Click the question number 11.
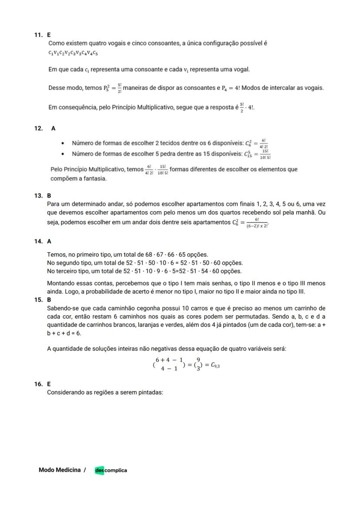click(38, 35)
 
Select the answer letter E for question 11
click(49, 35)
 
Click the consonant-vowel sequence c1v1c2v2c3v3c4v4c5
click(73, 53)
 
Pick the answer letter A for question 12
click(53, 128)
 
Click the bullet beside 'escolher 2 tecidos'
click(63, 143)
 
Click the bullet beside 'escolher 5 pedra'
click(63, 154)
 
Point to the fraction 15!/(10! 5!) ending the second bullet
click(265, 154)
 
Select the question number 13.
click(38, 196)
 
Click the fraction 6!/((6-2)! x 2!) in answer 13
click(257, 223)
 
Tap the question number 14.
click(38, 241)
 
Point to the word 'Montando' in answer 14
click(61, 283)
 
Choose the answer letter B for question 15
click(49, 300)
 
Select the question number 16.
click(38, 384)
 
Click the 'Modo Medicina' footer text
click(60, 470)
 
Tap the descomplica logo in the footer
click(111, 470)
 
